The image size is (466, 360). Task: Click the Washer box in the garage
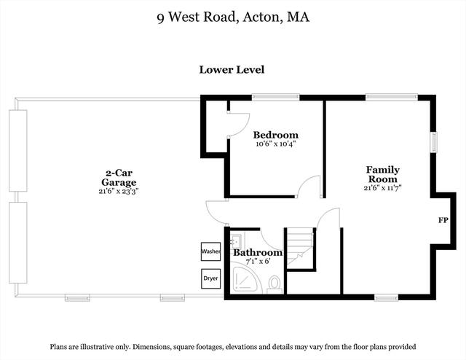tap(210, 251)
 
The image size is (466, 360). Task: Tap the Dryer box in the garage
tap(210, 278)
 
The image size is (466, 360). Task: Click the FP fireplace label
tap(443, 221)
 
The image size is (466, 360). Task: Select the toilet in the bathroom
tap(275, 283)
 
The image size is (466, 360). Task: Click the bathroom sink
tap(237, 241)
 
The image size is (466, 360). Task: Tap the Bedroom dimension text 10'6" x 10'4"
tap(276, 144)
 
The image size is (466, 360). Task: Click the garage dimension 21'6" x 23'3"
tap(119, 191)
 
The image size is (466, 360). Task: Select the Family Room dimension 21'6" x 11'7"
tap(382, 188)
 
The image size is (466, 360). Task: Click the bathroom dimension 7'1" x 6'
tap(258, 262)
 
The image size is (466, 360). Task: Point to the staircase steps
tap(299, 247)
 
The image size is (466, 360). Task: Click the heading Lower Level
tap(232, 70)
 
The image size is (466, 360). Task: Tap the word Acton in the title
tap(261, 17)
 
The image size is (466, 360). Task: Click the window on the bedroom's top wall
tap(276, 98)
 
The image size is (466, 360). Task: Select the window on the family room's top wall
tap(392, 97)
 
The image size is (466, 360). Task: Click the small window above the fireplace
tap(434, 142)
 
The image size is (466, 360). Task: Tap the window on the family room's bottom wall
tap(386, 297)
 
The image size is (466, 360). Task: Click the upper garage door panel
tap(18, 151)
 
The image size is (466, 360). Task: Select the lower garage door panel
tap(18, 243)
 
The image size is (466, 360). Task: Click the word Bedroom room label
tap(276, 135)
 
